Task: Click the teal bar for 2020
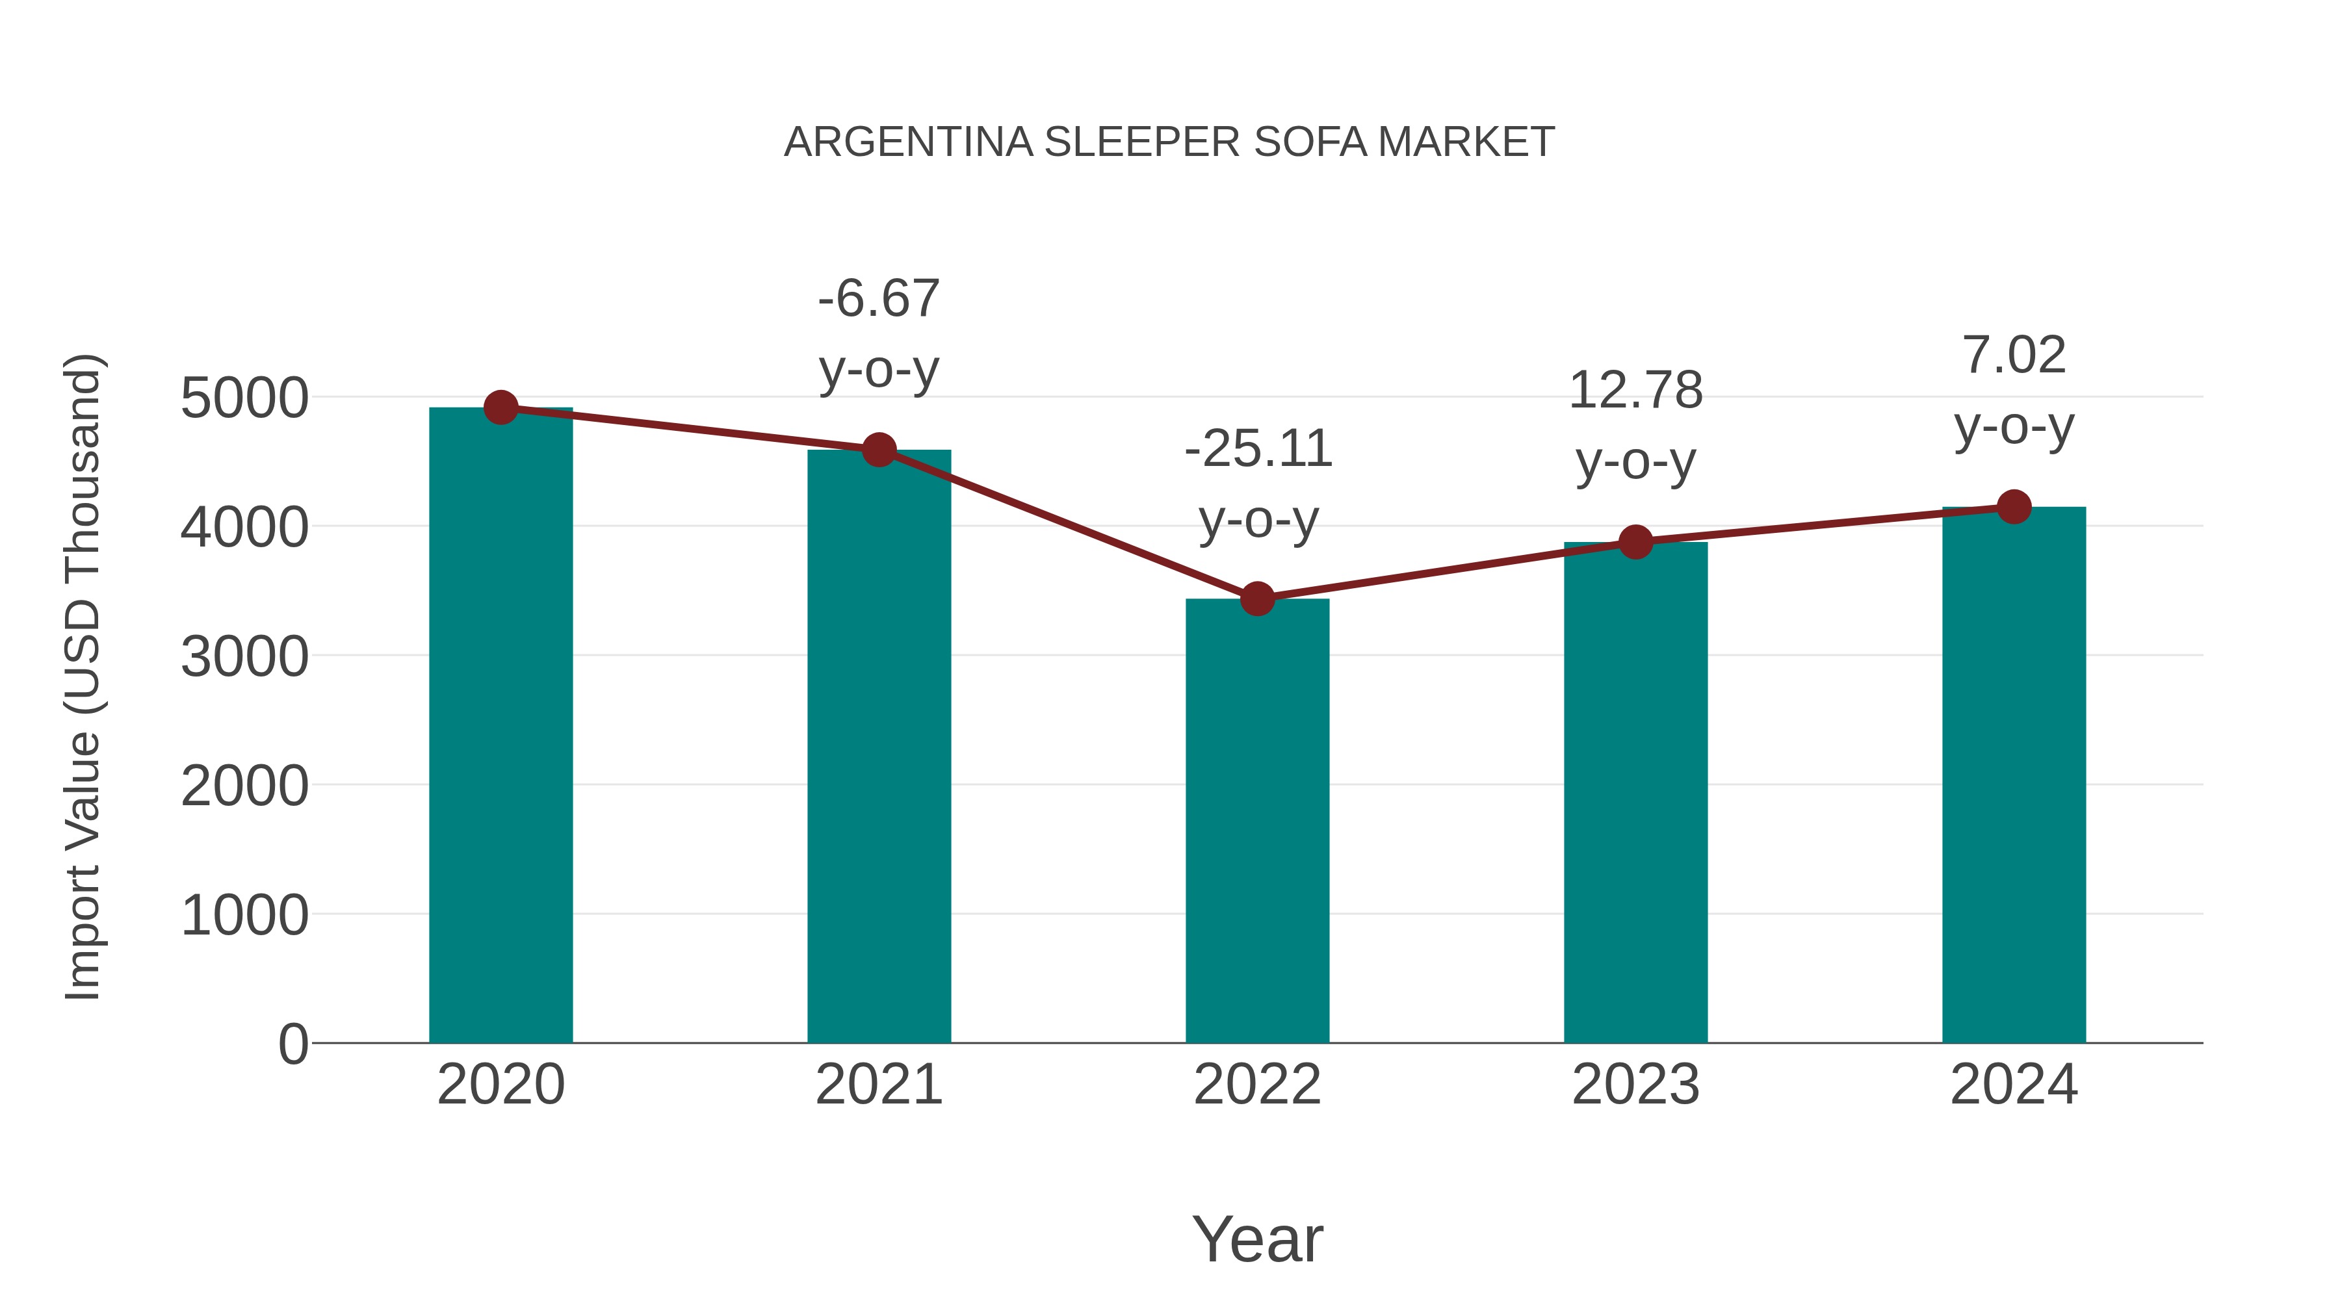coord(500,727)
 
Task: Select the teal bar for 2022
coord(1257,822)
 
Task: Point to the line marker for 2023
coord(1636,542)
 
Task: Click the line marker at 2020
coord(501,407)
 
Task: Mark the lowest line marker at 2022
coord(1257,599)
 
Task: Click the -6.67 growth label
coord(878,299)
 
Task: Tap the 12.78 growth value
coord(1635,391)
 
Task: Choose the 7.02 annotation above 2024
coord(2014,355)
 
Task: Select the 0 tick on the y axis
coord(292,1044)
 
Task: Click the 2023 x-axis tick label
coord(1635,1085)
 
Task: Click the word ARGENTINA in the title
coord(909,142)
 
